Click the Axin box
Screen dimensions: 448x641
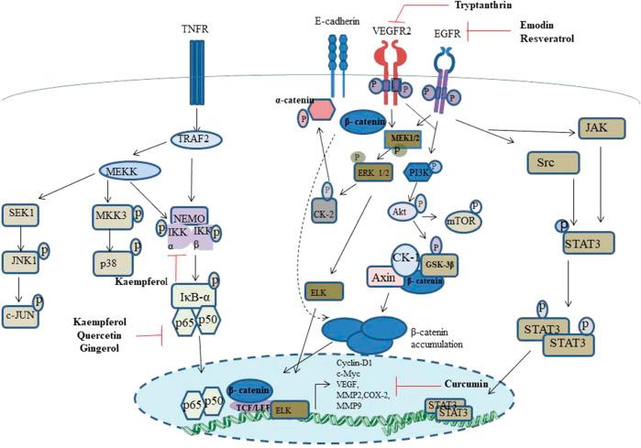click(x=386, y=274)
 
